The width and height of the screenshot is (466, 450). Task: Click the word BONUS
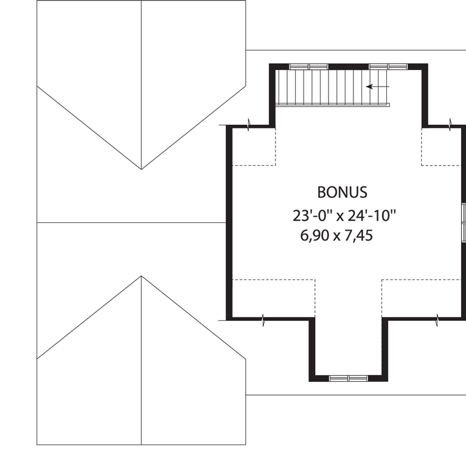click(x=342, y=192)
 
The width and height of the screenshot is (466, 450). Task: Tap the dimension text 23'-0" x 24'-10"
click(x=344, y=216)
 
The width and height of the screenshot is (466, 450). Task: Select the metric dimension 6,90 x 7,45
click(x=336, y=236)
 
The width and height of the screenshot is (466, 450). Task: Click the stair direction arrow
click(x=377, y=86)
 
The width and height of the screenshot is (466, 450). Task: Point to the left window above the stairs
click(x=309, y=66)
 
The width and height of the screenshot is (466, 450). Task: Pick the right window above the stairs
click(x=388, y=66)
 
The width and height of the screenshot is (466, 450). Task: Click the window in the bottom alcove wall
click(x=349, y=378)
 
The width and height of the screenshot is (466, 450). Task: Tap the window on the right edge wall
click(x=464, y=222)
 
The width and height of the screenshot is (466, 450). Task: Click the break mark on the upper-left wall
click(x=248, y=125)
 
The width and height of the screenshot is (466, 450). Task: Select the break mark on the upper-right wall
click(x=450, y=125)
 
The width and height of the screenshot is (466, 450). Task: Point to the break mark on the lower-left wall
click(x=263, y=320)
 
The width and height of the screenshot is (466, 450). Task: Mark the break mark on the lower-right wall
click(x=437, y=320)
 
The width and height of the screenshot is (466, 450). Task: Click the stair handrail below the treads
click(x=333, y=105)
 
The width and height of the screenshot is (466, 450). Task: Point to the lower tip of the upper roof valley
click(x=142, y=169)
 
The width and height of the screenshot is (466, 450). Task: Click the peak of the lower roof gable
click(x=142, y=276)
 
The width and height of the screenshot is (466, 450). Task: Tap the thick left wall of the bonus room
click(x=229, y=222)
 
